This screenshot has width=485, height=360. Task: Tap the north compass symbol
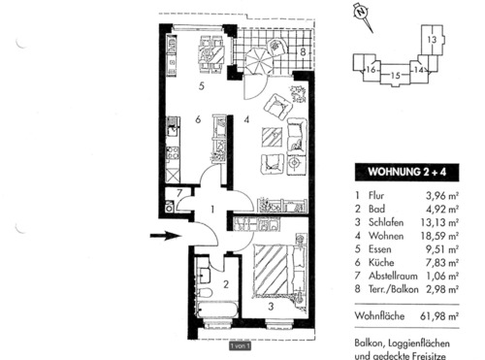tap(362, 13)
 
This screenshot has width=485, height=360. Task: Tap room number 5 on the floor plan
tap(200, 86)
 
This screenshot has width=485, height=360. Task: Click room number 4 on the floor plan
tap(246, 120)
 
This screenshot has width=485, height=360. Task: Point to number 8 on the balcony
tap(303, 50)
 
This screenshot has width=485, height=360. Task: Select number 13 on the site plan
tap(431, 38)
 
